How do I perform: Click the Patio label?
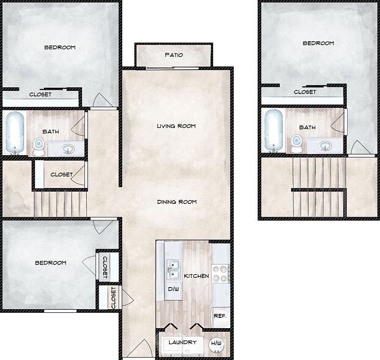(174, 55)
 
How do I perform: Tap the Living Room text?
(176, 126)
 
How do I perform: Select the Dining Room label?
(177, 202)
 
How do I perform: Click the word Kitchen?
(196, 276)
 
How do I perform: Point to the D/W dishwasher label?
(173, 289)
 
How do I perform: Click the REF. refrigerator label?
(220, 316)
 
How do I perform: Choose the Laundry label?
(181, 343)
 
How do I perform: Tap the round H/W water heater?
(217, 344)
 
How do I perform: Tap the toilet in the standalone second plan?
(296, 143)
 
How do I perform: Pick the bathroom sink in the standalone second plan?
(325, 145)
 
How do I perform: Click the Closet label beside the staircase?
(61, 175)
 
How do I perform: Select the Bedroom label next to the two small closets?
(50, 263)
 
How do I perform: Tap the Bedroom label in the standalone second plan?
(318, 44)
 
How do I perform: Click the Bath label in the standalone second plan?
(307, 127)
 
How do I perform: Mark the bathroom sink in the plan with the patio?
(68, 149)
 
